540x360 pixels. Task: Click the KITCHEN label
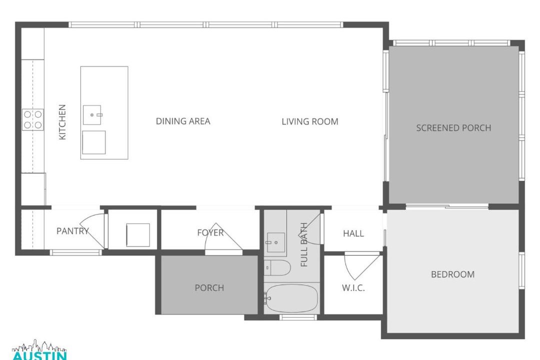click(x=62, y=122)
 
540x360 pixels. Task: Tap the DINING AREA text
click(x=183, y=121)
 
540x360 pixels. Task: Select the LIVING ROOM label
click(x=310, y=121)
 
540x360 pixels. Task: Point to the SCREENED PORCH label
click(x=453, y=128)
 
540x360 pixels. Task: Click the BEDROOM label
click(x=453, y=274)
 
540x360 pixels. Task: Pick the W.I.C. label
click(x=353, y=288)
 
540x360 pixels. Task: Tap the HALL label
click(x=353, y=233)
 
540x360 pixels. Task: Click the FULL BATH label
click(x=304, y=244)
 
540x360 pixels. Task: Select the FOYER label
click(x=210, y=233)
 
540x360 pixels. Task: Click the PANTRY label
click(x=72, y=231)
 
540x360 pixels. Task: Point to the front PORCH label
click(x=209, y=287)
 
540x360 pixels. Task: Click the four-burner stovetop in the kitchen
click(x=33, y=119)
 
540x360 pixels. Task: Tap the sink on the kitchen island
click(x=92, y=115)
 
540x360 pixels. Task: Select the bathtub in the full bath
click(x=291, y=298)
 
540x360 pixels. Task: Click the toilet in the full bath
click(x=277, y=268)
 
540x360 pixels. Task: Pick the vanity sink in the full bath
click(x=275, y=242)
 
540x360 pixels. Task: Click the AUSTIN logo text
click(x=39, y=355)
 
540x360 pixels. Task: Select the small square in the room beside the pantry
click(x=138, y=235)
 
